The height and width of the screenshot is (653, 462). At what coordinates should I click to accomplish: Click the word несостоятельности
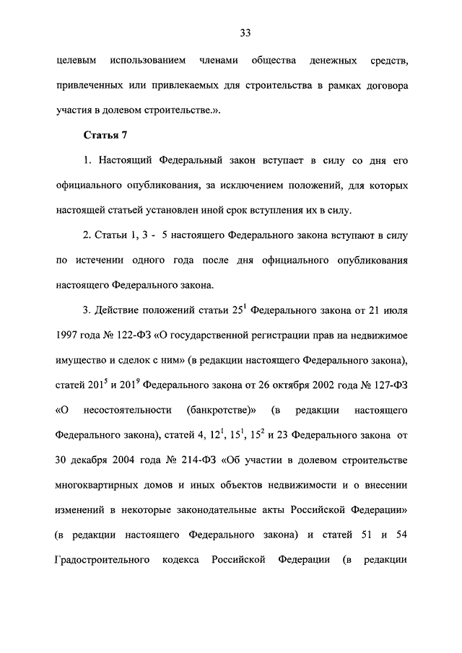click(x=127, y=411)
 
